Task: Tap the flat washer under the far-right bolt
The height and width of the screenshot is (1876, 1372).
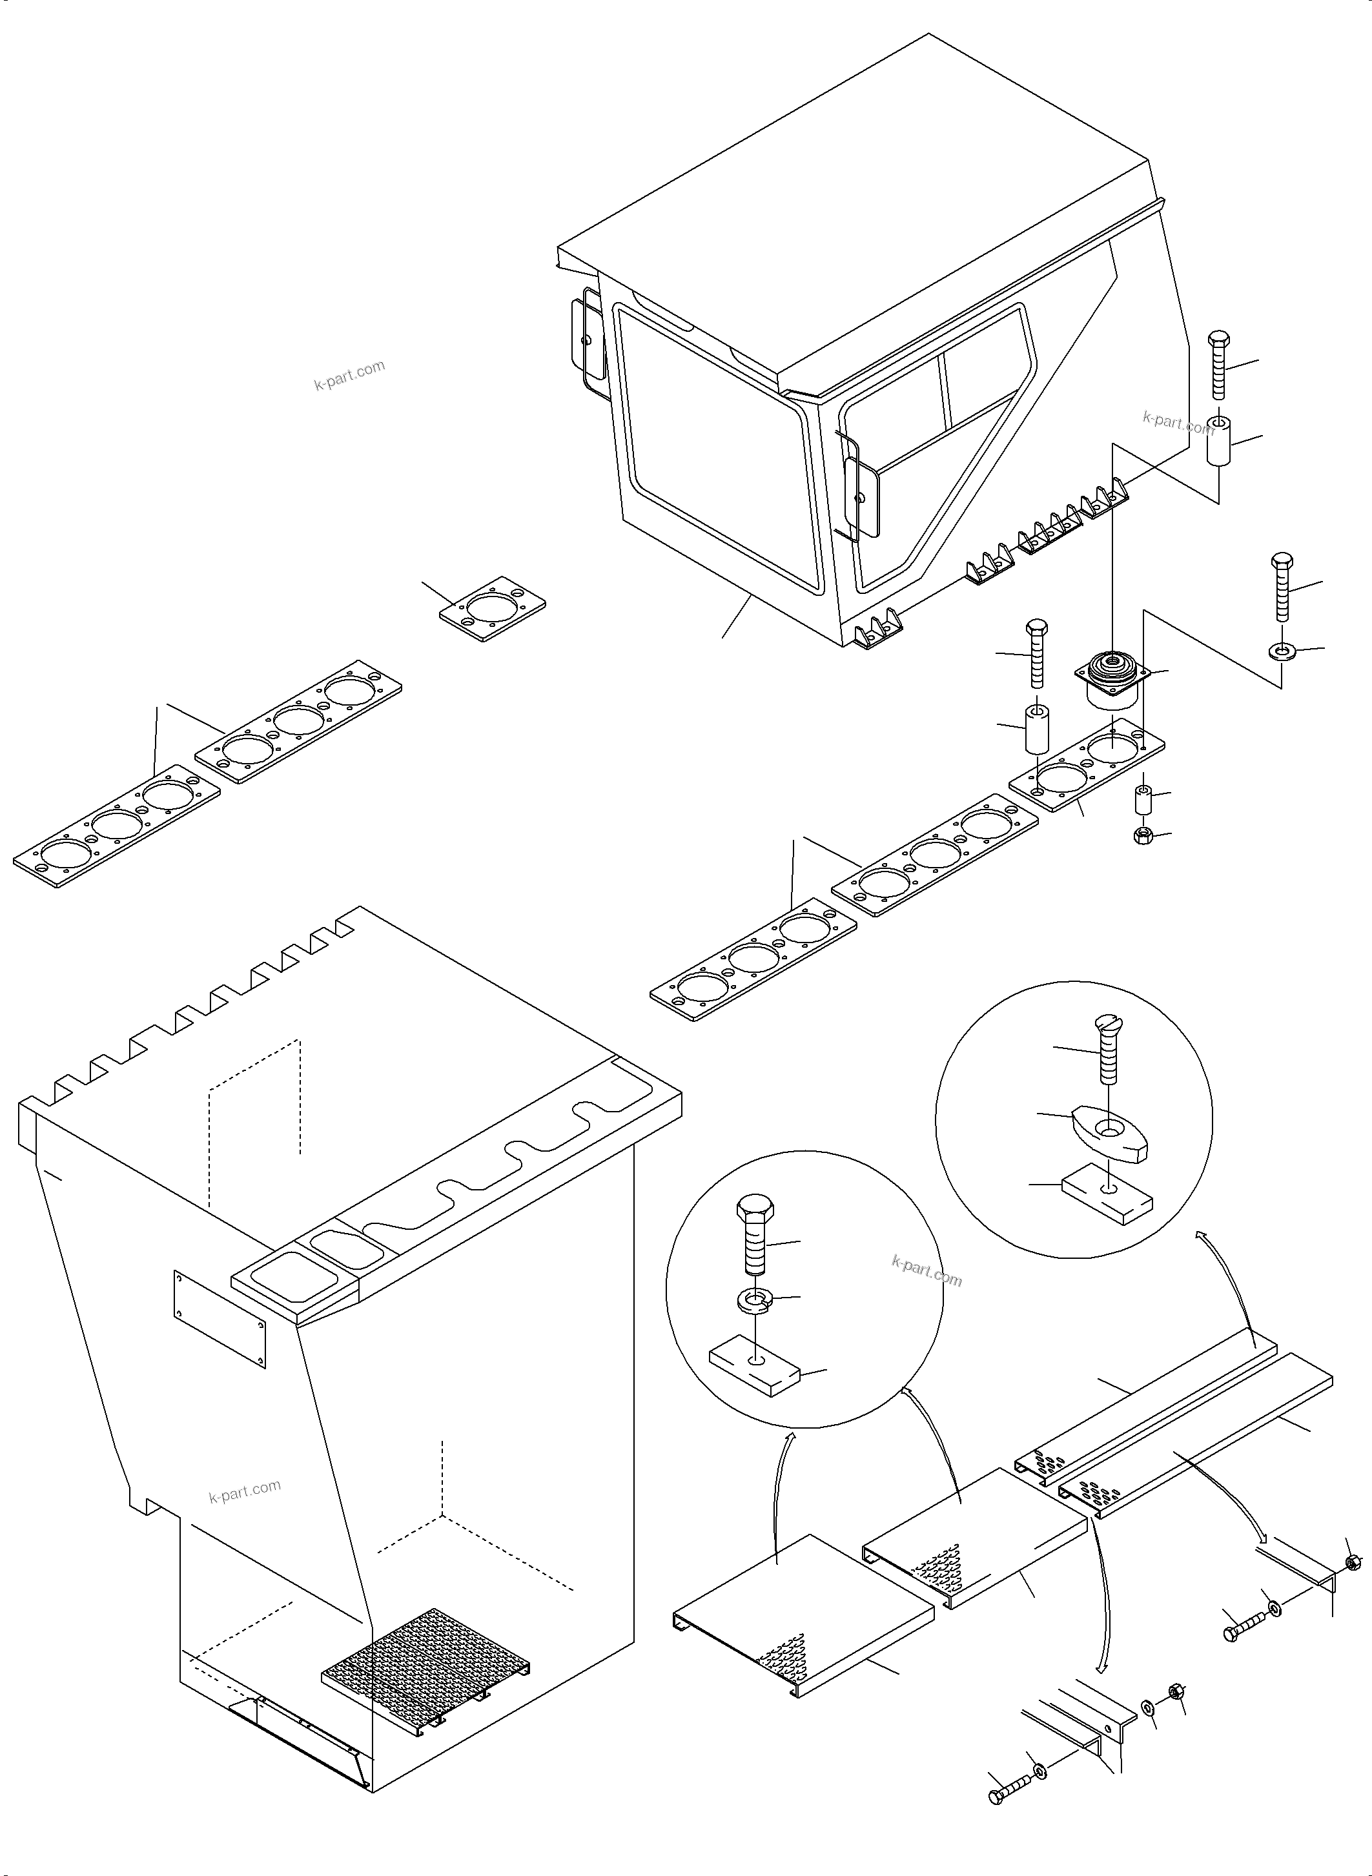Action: (1282, 650)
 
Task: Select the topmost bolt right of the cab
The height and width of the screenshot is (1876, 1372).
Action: (1218, 363)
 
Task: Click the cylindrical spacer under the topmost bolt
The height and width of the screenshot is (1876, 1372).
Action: (1218, 443)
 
